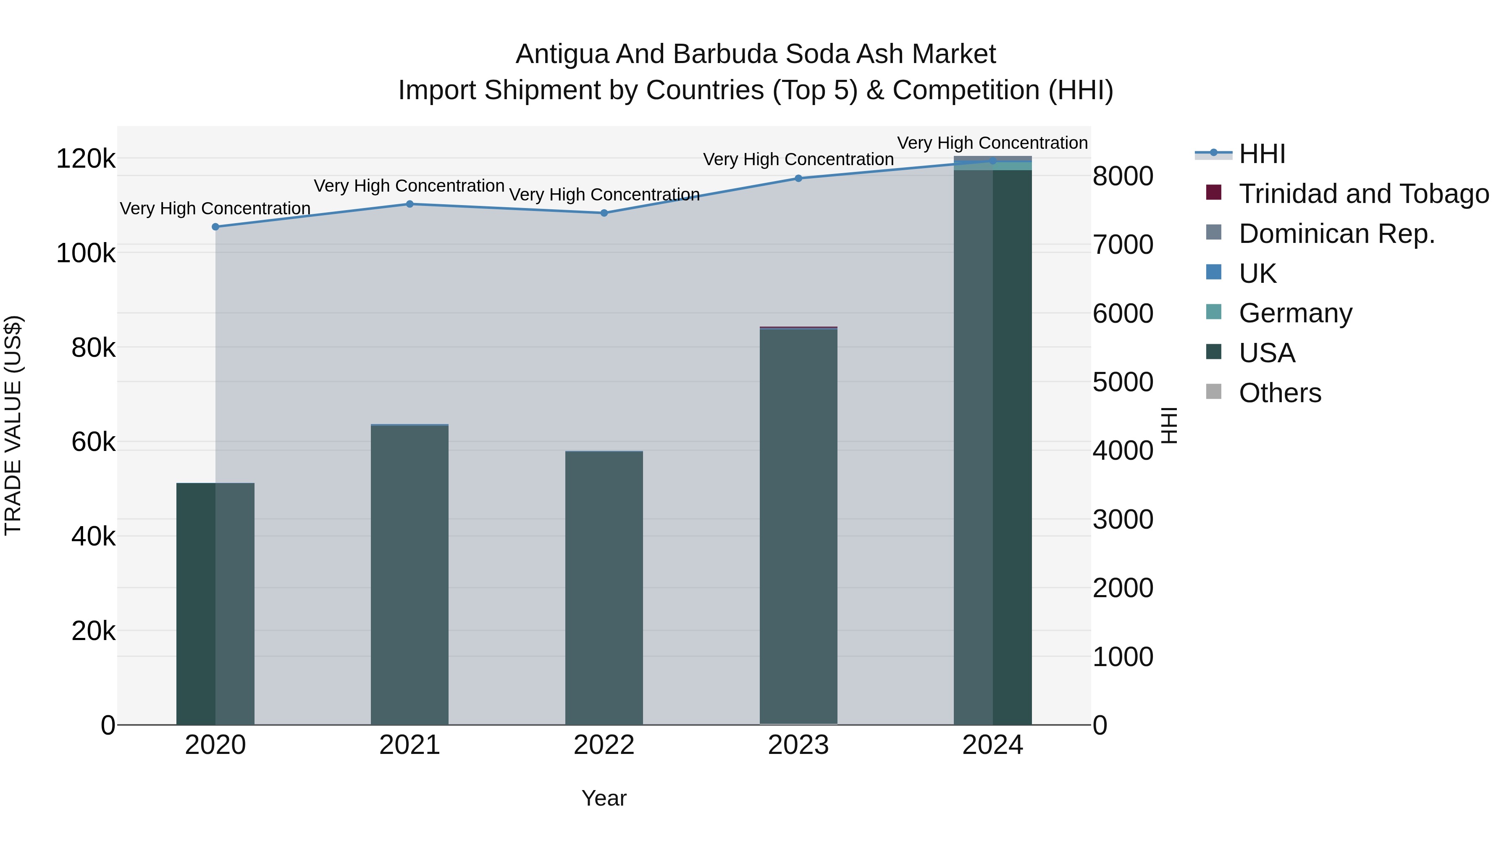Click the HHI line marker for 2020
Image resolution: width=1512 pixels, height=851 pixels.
click(x=215, y=227)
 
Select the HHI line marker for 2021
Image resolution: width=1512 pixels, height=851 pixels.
click(x=409, y=204)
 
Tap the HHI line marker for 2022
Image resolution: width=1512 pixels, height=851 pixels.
click(x=604, y=213)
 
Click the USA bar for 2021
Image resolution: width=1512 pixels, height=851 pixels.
click(x=409, y=576)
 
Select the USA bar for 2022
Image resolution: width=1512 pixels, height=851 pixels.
click(x=604, y=588)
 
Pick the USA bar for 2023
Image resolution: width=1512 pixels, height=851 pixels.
click(x=798, y=529)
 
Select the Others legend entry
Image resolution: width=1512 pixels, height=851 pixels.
click(x=1280, y=393)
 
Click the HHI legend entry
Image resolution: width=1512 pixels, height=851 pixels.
click(x=1262, y=154)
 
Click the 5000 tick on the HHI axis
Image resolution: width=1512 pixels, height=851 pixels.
click(x=1123, y=382)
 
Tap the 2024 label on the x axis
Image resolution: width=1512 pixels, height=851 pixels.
click(x=992, y=745)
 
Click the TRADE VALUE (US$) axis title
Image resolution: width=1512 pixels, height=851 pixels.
click(x=13, y=425)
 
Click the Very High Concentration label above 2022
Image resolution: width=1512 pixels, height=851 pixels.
click(x=604, y=195)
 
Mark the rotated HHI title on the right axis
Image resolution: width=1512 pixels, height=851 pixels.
click(x=1170, y=425)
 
